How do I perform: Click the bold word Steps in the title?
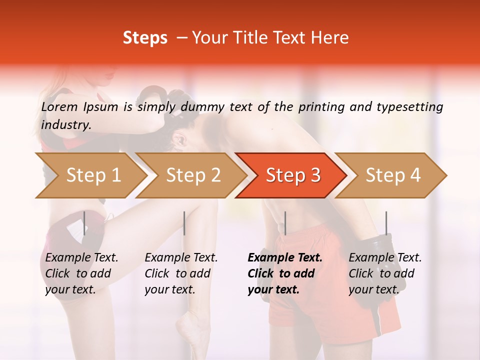coord(145,38)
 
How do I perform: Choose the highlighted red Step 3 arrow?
coord(292,175)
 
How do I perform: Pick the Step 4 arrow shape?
coord(392,175)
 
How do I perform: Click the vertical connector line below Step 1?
coord(84,223)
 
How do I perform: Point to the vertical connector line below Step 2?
coord(184,223)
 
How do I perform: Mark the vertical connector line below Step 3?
coord(285,223)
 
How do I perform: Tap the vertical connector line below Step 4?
coord(386,223)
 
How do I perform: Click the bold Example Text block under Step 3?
coord(284,273)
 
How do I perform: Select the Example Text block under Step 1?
coord(81,273)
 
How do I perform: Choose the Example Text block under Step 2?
coord(181,273)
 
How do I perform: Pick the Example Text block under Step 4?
coord(385,273)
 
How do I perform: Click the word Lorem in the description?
coord(59,106)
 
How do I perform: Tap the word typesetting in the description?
coord(414,107)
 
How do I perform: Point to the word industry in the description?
coord(66,125)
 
